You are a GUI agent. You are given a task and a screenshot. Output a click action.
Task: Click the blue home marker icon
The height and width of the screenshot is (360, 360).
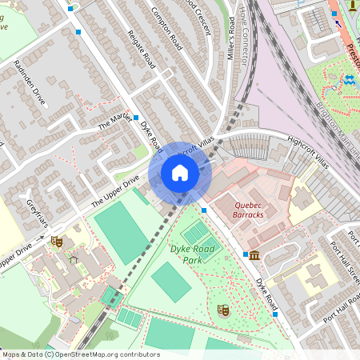(x=180, y=172)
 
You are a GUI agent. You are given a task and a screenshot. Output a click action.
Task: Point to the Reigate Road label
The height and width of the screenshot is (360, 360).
(x=141, y=49)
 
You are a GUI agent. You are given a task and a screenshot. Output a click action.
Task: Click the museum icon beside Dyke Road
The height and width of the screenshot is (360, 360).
(x=254, y=255)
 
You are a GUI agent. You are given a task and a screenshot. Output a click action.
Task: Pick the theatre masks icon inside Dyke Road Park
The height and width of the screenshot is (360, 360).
(x=223, y=309)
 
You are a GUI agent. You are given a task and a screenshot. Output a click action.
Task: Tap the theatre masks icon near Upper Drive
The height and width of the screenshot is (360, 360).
(x=56, y=240)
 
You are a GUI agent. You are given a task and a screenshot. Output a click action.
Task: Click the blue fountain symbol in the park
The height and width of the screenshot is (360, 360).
(x=349, y=81)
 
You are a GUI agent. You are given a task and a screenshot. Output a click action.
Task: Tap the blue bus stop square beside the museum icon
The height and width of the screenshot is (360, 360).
(x=245, y=254)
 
